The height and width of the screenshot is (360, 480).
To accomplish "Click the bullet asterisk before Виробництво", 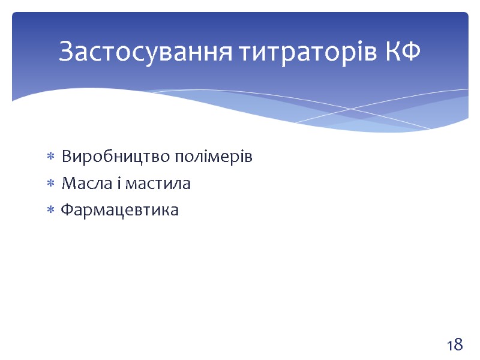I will (50, 158).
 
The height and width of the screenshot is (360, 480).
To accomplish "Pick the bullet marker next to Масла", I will (50, 184).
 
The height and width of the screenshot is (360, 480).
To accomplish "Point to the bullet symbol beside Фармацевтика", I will (50, 211).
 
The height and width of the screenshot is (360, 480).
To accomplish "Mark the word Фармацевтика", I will (120, 211).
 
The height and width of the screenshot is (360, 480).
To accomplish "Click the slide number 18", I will (454, 345).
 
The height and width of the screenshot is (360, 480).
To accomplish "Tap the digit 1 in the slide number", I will (449, 345).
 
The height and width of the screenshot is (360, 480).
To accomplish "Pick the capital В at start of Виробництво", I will (67, 157).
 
